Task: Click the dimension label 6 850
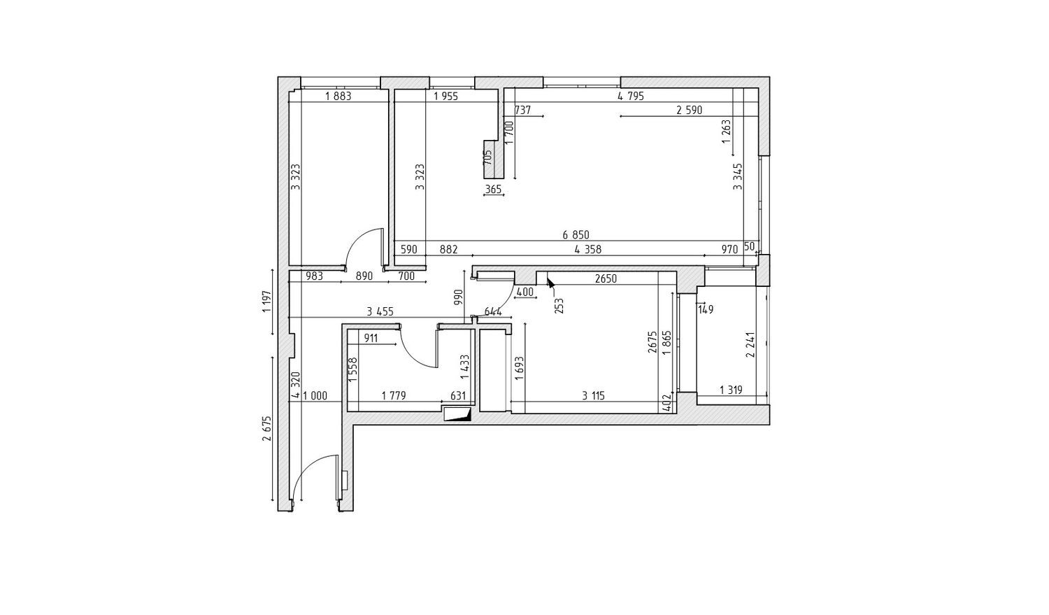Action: click(576, 234)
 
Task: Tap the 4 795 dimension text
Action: click(631, 97)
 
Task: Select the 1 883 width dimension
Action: click(338, 97)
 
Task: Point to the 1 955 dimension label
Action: click(446, 97)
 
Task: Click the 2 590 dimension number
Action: click(690, 111)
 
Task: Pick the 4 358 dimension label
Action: click(587, 250)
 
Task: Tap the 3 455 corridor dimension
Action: click(380, 311)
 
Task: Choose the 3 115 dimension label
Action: click(593, 396)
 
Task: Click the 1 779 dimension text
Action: click(393, 396)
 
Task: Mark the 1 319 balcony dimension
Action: click(731, 390)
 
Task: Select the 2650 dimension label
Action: click(606, 279)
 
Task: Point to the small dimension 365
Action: click(494, 190)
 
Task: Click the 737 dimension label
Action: click(522, 111)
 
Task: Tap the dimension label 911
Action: click(371, 338)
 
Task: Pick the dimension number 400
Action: click(524, 292)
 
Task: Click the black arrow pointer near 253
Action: click(550, 282)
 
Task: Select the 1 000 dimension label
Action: click(315, 396)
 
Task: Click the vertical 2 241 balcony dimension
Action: click(750, 345)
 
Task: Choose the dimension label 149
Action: click(705, 310)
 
